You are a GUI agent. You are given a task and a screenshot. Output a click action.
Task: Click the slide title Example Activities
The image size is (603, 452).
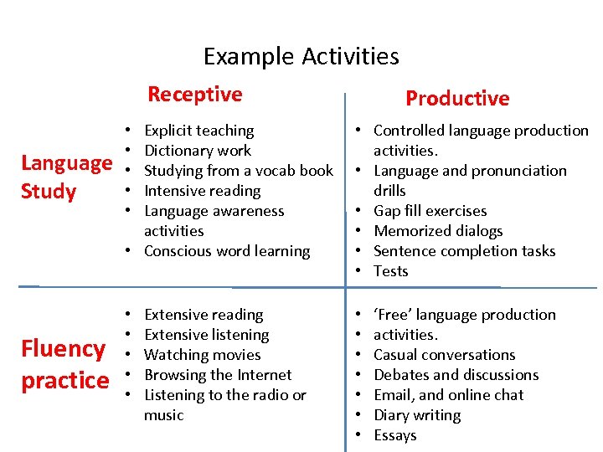(301, 57)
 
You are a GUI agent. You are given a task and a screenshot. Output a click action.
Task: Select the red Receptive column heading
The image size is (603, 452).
(194, 94)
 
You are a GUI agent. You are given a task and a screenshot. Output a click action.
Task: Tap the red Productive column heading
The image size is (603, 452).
(457, 98)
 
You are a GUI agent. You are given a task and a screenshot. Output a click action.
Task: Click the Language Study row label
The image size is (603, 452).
(66, 177)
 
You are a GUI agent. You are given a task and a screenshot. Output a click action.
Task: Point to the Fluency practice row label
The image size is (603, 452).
(64, 364)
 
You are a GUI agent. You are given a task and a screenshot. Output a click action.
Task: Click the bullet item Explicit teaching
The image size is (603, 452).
(198, 131)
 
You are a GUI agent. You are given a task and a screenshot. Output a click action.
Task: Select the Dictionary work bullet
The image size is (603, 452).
(198, 151)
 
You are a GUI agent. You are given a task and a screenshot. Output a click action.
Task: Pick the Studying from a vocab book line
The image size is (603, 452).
(239, 171)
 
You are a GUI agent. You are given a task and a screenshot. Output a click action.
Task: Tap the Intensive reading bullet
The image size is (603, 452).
(202, 191)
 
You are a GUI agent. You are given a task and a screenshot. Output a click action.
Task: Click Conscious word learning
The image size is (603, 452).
(227, 251)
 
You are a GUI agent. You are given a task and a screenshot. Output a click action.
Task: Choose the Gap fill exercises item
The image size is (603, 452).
(430, 211)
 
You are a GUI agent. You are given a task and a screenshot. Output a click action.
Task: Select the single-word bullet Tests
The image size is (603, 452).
(391, 271)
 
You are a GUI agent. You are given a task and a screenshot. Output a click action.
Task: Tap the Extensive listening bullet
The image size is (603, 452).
(207, 335)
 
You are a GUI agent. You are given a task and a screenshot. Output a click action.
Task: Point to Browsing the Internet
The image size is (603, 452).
(218, 375)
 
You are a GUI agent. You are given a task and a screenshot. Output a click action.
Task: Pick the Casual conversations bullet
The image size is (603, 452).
(445, 355)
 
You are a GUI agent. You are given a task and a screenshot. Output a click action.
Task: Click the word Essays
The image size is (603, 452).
(395, 435)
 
